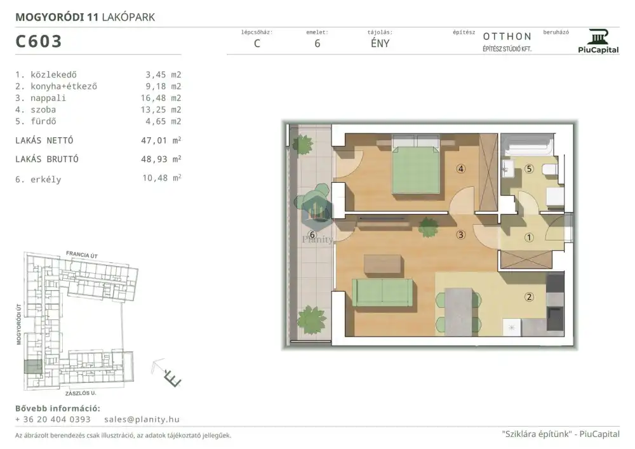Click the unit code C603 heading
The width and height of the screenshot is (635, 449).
coord(39,41)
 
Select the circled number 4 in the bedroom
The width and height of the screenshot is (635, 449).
coord(460,169)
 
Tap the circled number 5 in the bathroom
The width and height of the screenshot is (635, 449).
coord(529,169)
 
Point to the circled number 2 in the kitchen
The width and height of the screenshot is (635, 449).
coord(529,297)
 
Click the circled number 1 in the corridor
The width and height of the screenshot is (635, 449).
coord(529,238)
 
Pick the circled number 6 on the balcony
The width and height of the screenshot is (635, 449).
coord(312,235)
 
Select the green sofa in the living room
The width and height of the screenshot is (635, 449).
coord(382,292)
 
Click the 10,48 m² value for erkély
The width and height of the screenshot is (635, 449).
coord(161,178)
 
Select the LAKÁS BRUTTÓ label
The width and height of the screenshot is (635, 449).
coord(47,159)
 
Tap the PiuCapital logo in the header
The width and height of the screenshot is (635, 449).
coord(598,41)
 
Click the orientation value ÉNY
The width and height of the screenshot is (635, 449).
coord(380,44)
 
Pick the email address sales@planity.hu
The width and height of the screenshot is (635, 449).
coord(142,419)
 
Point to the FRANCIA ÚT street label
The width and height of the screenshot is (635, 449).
coord(82,255)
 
